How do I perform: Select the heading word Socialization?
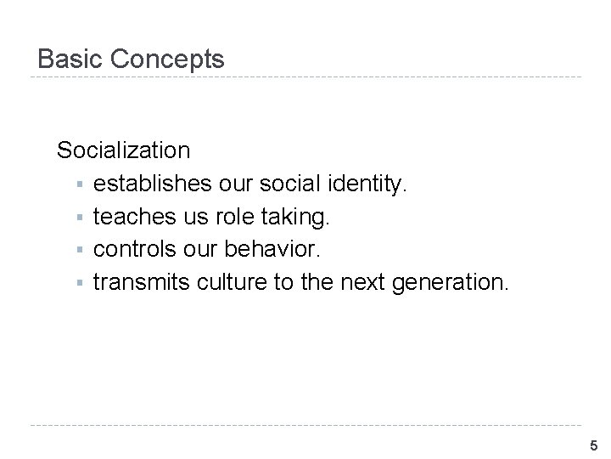[x=124, y=150]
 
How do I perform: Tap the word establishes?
[x=154, y=184]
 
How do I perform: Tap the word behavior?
[x=290, y=249]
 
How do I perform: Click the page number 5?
[x=593, y=445]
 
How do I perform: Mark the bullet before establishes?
[x=78, y=184]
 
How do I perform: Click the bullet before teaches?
[x=78, y=218]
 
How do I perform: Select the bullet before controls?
[x=78, y=250]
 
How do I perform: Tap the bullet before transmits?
[x=78, y=283]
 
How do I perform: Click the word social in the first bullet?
[x=292, y=184]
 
